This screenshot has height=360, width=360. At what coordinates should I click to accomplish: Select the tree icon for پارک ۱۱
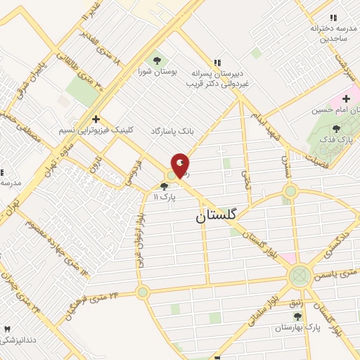click(x=164, y=187)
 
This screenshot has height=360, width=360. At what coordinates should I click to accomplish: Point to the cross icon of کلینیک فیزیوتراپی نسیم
click(x=96, y=119)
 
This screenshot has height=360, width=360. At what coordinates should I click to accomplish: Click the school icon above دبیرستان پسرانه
click(x=217, y=63)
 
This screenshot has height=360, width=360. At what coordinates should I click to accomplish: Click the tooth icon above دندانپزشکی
click(x=8, y=329)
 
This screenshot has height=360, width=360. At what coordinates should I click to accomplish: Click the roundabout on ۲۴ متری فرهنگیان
click(x=143, y=291)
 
